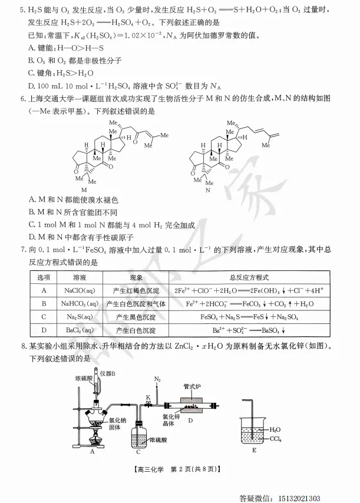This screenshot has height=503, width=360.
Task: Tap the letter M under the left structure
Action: point(83,190)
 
